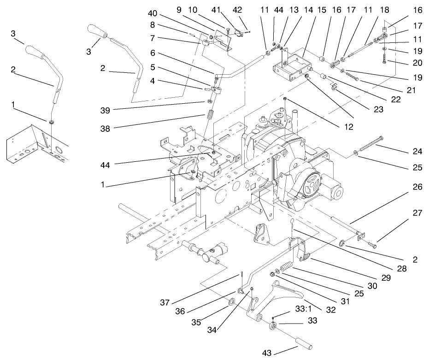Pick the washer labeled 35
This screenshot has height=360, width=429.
(x=231, y=303)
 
